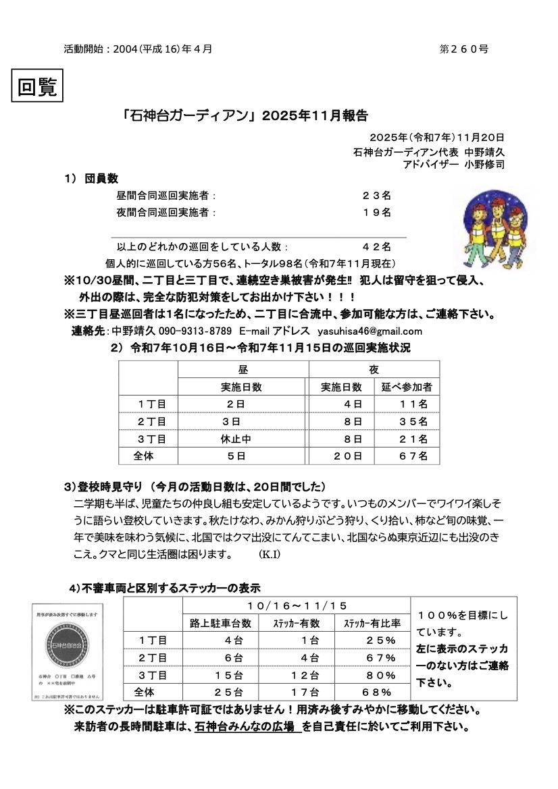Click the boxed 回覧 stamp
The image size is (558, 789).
coord(38,88)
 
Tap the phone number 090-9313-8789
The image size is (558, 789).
coord(195,331)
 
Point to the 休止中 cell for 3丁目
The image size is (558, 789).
coord(236,439)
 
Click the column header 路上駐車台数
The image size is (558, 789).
coord(221,623)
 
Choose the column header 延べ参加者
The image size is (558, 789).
coord(407,387)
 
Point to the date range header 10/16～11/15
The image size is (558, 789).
coord(298,605)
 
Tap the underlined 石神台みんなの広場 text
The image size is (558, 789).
coord(247,728)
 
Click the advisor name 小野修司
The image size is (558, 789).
coord(484,163)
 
